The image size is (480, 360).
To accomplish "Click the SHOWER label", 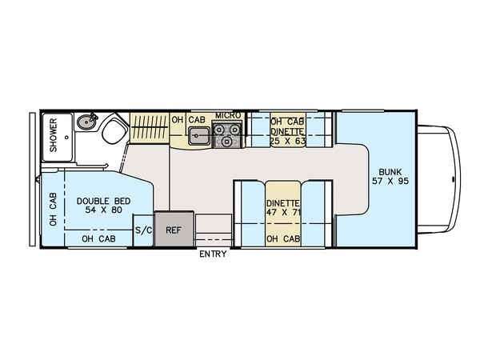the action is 54,135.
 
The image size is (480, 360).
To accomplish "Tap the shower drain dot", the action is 66,138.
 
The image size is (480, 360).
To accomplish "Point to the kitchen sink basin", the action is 198,136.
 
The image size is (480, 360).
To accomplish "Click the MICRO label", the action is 228,116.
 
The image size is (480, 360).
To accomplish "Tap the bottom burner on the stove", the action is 227,141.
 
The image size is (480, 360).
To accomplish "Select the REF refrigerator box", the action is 174,228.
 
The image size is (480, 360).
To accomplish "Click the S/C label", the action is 143,230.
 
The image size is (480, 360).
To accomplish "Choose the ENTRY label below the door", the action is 213,254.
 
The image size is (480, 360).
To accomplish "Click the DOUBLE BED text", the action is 103,201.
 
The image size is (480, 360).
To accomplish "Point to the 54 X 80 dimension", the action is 104,210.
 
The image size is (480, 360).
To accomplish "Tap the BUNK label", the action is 390,172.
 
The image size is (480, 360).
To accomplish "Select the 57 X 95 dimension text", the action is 390,181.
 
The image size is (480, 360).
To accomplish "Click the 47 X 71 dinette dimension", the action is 283,212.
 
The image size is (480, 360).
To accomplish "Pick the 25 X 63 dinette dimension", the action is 288,141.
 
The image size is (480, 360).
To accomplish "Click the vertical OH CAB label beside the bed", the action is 54,210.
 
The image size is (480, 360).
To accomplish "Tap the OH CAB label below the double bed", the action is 98,238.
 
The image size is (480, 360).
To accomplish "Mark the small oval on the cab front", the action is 454,179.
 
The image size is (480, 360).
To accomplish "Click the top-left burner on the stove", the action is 219,130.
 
